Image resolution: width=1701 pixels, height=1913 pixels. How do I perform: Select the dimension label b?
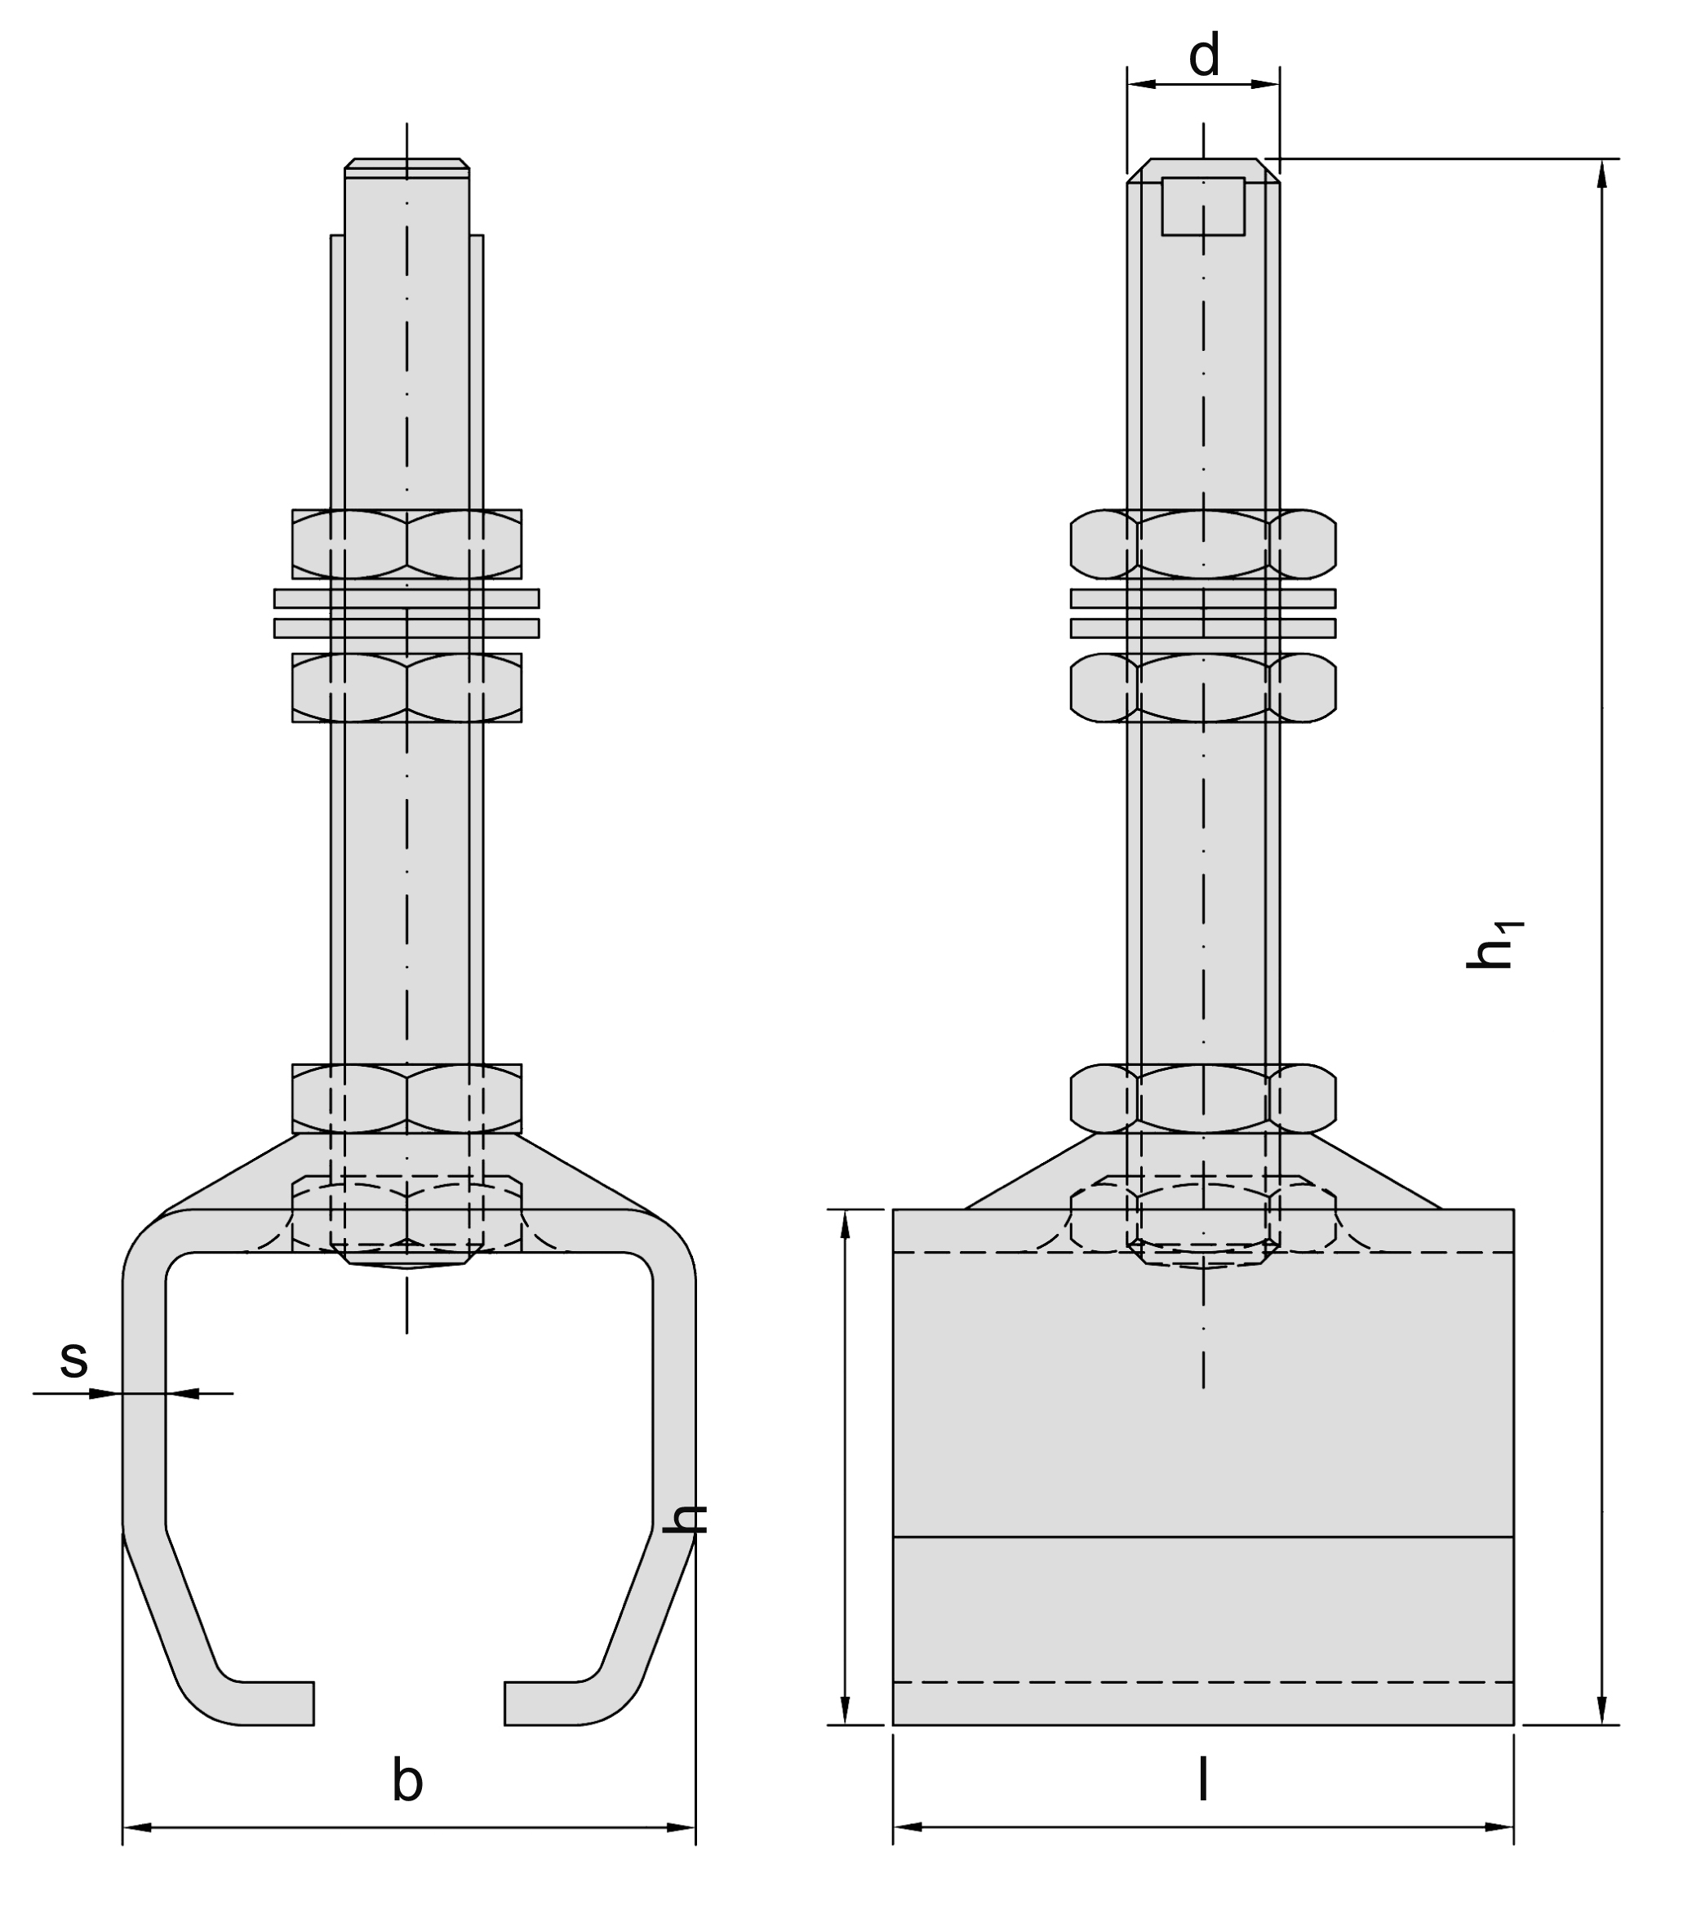click(x=407, y=1781)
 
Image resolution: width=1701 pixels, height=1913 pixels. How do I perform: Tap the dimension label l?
click(x=1203, y=1780)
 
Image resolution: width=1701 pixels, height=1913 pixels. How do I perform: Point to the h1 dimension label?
click(x=1492, y=945)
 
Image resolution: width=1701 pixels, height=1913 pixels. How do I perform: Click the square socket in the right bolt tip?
click(x=1203, y=206)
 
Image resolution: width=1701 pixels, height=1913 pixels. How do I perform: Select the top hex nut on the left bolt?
click(x=406, y=544)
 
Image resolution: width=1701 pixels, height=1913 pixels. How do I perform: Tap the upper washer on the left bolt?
click(x=406, y=598)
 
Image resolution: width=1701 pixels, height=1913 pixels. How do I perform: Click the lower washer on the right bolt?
click(x=1203, y=628)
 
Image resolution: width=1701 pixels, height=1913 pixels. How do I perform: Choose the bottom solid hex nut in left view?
click(x=406, y=1099)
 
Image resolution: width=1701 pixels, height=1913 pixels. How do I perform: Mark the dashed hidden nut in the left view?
click(x=406, y=1215)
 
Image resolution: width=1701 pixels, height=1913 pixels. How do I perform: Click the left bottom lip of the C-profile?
click(x=272, y=1703)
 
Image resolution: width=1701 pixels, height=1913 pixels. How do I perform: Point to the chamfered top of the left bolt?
click(x=406, y=166)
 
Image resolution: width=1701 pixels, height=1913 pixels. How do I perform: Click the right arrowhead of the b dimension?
click(x=682, y=1826)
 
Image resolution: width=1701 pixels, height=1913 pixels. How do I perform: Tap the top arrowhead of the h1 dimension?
click(x=1601, y=173)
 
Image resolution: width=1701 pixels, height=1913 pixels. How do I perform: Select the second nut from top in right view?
click(x=1203, y=688)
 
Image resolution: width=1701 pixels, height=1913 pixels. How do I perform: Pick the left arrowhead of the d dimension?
click(x=1140, y=84)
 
